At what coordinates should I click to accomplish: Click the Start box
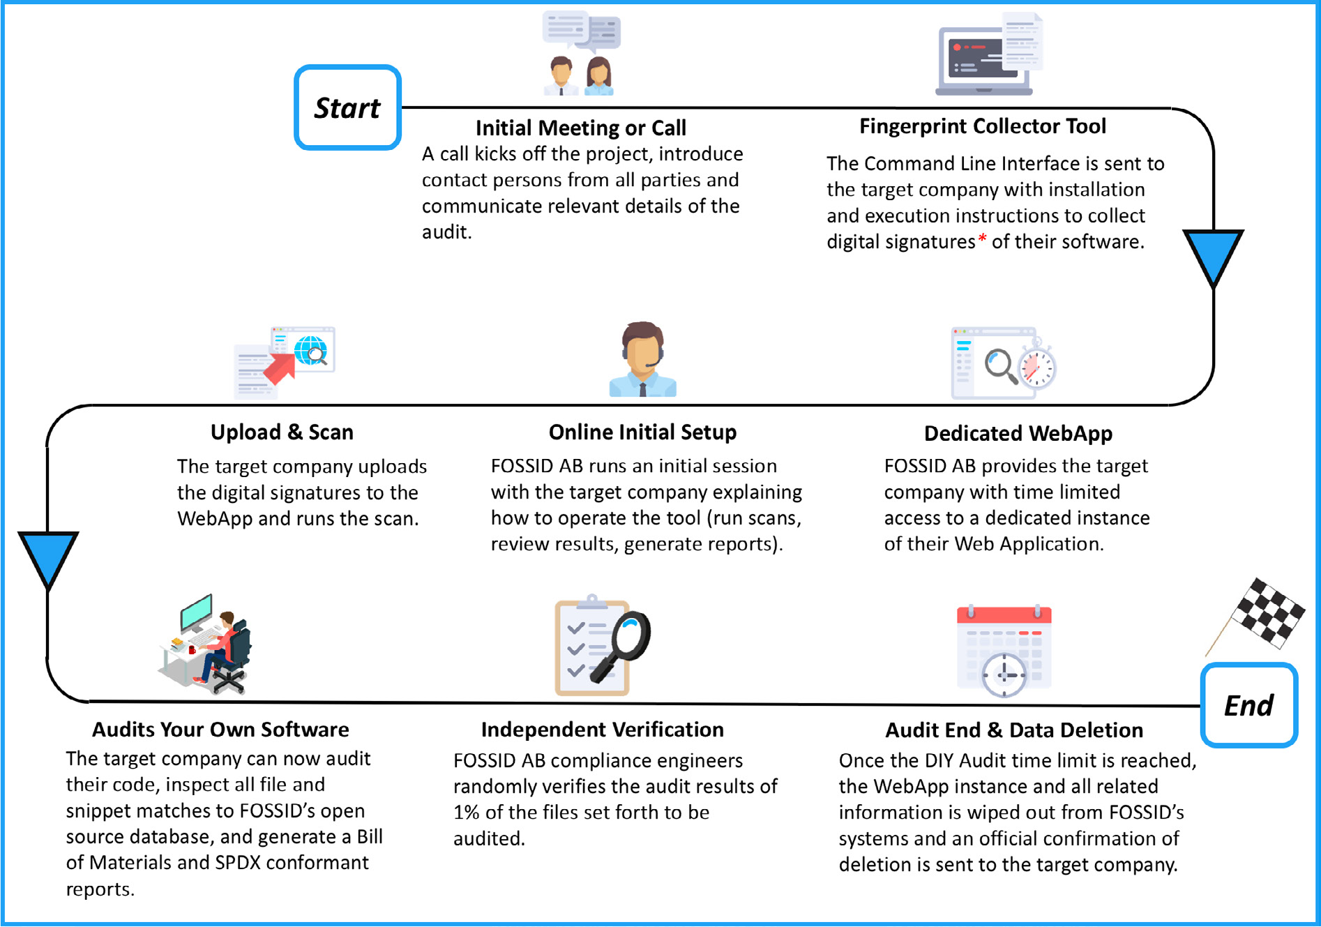point(347,107)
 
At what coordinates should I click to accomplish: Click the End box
point(1248,705)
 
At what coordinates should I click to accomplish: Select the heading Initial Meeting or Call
point(580,128)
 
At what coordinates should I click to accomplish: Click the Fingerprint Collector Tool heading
point(983,126)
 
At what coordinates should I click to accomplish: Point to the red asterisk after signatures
point(982,239)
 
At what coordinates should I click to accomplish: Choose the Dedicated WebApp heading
point(1018,433)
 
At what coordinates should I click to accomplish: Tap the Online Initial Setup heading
point(642,432)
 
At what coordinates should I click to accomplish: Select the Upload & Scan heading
point(282,432)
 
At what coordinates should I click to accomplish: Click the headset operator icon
point(642,359)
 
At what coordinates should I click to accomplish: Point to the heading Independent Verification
point(603,730)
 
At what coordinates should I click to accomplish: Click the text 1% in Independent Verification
point(467,812)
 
